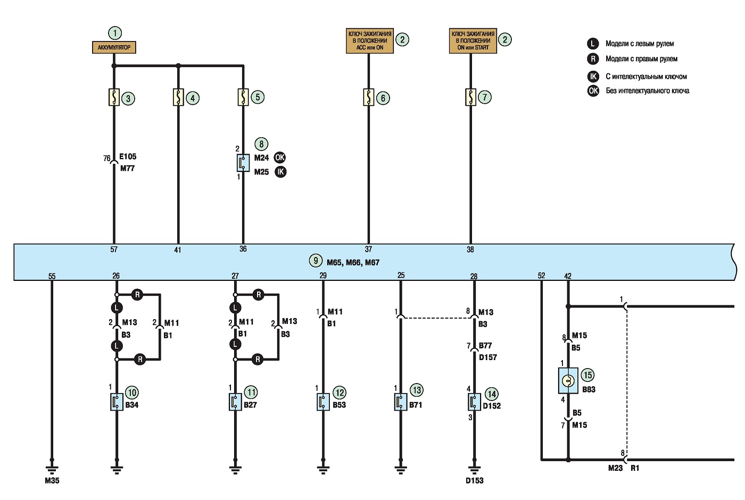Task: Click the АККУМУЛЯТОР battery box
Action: click(x=114, y=47)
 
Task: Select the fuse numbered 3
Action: click(x=114, y=97)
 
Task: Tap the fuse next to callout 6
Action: click(x=368, y=97)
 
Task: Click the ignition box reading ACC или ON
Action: click(x=369, y=40)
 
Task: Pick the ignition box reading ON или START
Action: click(x=473, y=40)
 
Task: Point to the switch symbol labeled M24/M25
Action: click(x=243, y=163)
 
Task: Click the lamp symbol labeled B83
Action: click(x=568, y=381)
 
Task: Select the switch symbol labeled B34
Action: click(x=117, y=402)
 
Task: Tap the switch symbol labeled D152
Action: click(x=474, y=402)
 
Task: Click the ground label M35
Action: click(x=52, y=480)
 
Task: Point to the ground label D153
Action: click(x=475, y=480)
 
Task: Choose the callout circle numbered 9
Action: click(x=316, y=260)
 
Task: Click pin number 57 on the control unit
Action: click(x=114, y=249)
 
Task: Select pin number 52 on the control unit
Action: click(x=542, y=276)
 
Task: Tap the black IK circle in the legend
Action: click(x=593, y=77)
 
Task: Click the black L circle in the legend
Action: click(x=593, y=44)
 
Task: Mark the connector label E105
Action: click(x=128, y=156)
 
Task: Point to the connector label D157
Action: click(x=488, y=357)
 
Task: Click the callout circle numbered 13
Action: click(x=417, y=390)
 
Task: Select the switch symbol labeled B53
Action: click(x=323, y=402)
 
